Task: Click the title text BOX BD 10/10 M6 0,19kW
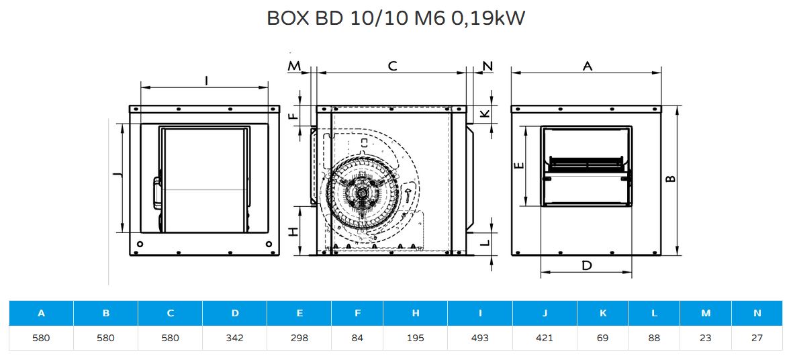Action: click(395, 19)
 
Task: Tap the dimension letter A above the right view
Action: click(587, 66)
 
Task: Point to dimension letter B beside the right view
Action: click(670, 179)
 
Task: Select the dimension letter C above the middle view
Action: click(392, 66)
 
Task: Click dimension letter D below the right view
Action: click(586, 265)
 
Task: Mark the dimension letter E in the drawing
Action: click(520, 165)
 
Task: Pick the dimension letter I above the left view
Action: click(206, 81)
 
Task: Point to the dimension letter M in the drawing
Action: click(294, 66)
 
